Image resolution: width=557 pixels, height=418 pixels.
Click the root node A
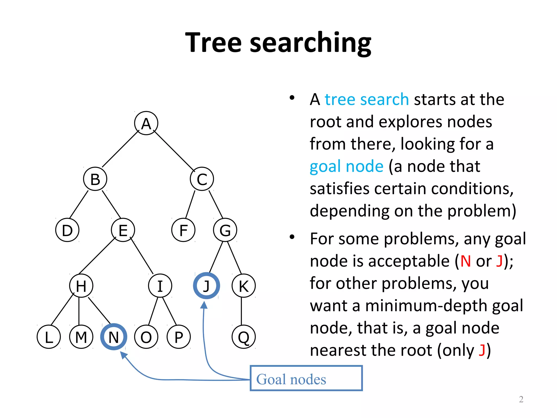click(x=146, y=123)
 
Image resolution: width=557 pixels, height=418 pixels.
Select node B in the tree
click(x=95, y=179)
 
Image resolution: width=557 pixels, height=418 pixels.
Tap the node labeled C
click(x=202, y=179)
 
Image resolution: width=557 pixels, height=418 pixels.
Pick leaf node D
click(x=67, y=230)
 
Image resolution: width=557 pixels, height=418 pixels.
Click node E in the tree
click(x=123, y=230)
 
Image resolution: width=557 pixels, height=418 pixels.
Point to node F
click(x=183, y=230)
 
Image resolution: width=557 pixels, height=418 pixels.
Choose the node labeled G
click(x=225, y=230)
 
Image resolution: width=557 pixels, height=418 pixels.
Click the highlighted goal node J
click(x=206, y=286)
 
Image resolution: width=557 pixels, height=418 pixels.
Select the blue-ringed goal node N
click(x=114, y=337)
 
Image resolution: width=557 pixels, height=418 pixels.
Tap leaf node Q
click(x=244, y=337)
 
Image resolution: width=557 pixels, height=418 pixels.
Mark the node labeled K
click(x=244, y=286)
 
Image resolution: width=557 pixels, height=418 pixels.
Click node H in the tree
click(x=81, y=286)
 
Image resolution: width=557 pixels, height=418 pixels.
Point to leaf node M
click(x=81, y=337)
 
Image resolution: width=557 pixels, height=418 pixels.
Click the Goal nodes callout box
click(x=306, y=379)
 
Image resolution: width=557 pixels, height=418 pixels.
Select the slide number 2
click(x=521, y=399)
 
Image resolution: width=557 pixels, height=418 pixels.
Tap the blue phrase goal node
click(x=346, y=166)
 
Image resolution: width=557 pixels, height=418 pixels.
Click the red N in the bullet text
click(x=465, y=261)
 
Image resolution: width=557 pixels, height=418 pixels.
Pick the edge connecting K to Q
click(x=242, y=311)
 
